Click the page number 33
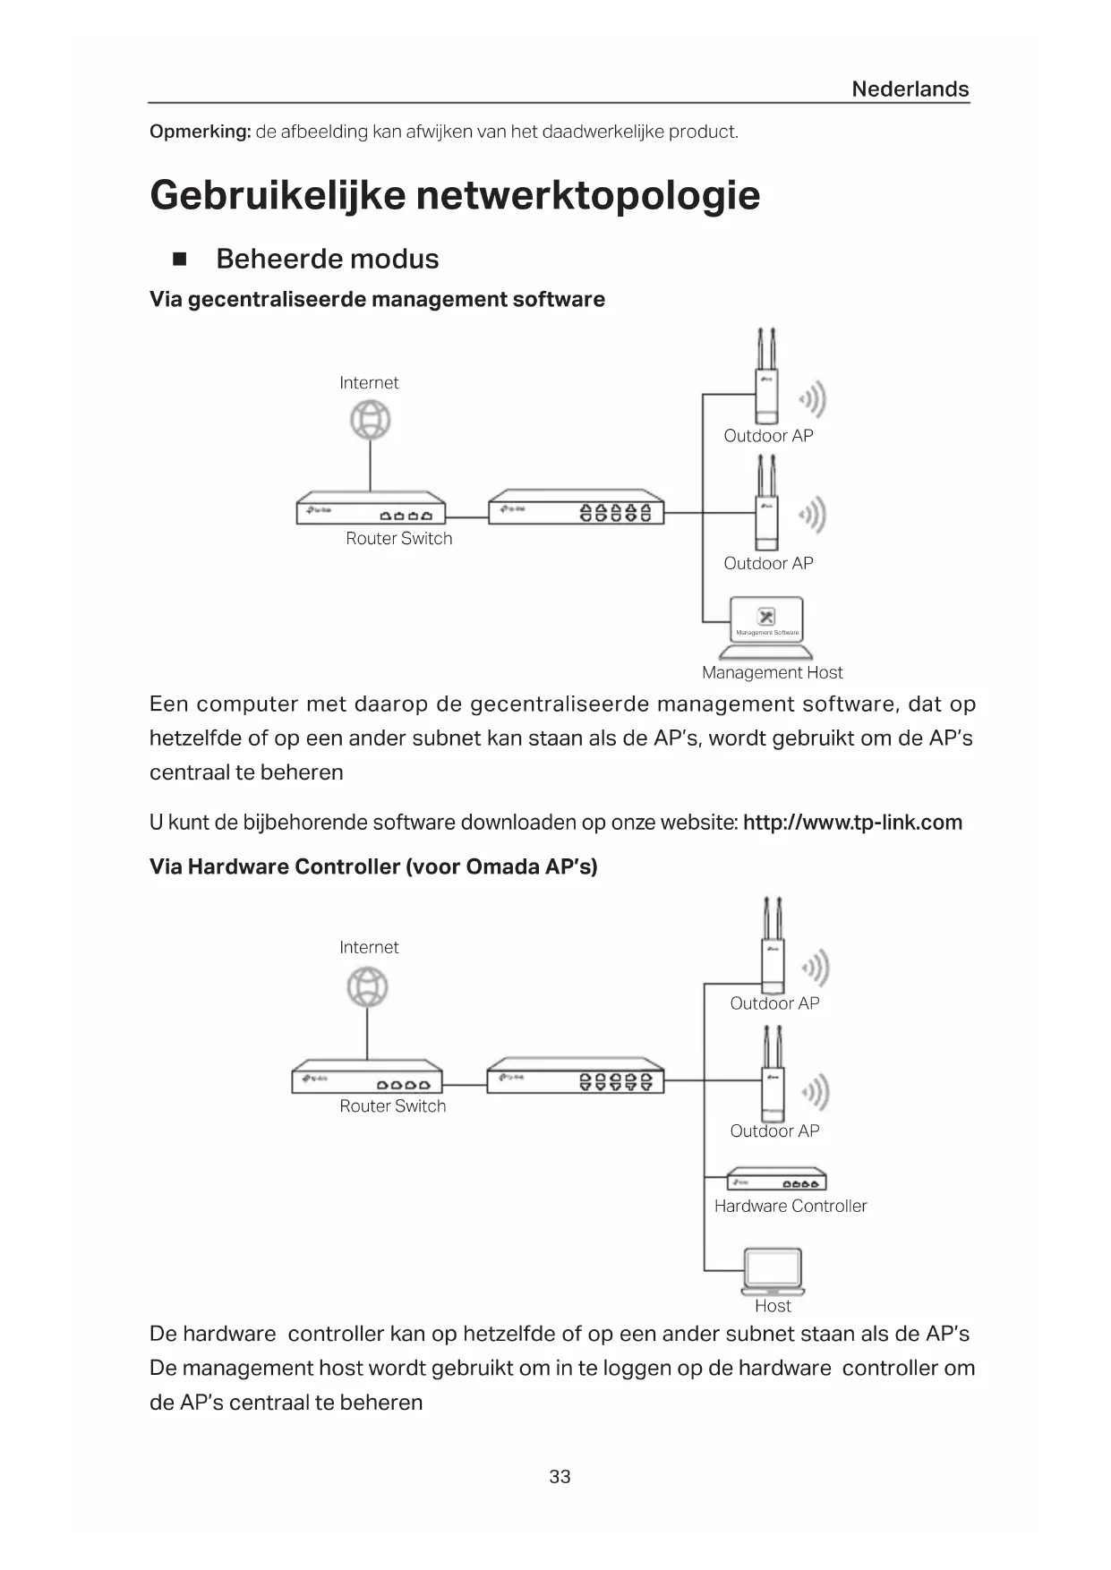pos(560,1476)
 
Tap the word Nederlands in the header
pos(910,89)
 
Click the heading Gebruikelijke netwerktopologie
pos(455,195)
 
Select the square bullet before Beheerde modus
pos(179,260)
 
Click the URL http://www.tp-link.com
pos(852,823)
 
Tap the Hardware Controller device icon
pos(776,1180)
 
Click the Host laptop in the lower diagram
pos(773,1272)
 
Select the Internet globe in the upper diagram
pos(371,420)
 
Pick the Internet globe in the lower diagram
pos(367,987)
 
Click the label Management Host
pos(772,672)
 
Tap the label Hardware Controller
pos(791,1206)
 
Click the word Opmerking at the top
pos(199,132)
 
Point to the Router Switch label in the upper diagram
pos(399,538)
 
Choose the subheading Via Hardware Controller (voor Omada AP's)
pos(373,866)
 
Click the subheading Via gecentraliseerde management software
pos(377,299)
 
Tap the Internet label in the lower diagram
pos(369,947)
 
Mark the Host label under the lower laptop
pos(773,1306)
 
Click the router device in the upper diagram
pos(371,508)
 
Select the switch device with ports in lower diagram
pos(575,1076)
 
